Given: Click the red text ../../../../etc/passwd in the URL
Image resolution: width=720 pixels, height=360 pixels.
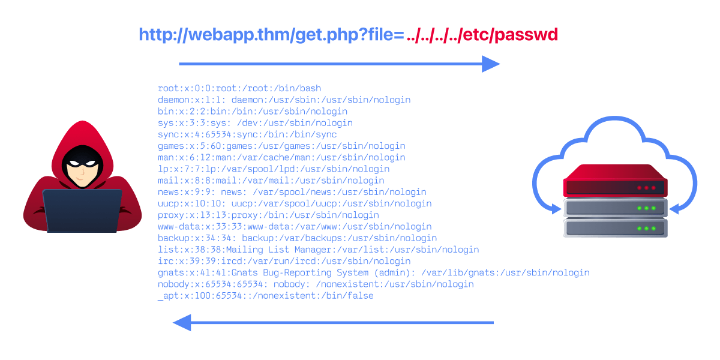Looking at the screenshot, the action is (x=482, y=35).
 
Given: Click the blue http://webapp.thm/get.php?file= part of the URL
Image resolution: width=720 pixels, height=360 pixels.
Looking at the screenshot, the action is (x=271, y=35).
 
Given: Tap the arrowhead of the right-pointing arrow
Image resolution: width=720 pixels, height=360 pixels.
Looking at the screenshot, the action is (x=491, y=64).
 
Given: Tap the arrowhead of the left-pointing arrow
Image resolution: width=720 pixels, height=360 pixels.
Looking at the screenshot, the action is (x=182, y=322).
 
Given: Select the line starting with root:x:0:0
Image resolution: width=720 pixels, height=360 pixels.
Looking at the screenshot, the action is (x=239, y=88).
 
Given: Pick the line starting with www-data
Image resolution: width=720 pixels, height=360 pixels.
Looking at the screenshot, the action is (x=295, y=226).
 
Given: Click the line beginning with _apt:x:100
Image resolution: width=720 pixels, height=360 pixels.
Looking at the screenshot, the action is (x=265, y=296).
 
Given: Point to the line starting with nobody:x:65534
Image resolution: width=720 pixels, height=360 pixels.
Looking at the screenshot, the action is (x=316, y=284).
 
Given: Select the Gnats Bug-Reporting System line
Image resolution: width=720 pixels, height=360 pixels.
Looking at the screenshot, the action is (x=373, y=272).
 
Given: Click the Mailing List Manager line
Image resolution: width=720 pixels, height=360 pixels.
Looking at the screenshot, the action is (x=318, y=250).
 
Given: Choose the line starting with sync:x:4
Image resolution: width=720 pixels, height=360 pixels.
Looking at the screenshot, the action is (x=247, y=134).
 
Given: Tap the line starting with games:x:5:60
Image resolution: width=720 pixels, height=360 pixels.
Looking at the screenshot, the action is (x=281, y=146).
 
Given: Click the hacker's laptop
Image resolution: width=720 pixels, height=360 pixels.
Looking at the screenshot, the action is (x=82, y=211).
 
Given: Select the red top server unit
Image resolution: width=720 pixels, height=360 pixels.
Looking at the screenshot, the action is (x=615, y=181).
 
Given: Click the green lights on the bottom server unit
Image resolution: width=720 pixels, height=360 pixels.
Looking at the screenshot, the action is (x=646, y=228).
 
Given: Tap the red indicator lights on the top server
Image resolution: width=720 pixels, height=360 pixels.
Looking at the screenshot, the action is (x=646, y=188).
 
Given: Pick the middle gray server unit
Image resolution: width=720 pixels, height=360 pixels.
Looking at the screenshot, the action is (x=615, y=208).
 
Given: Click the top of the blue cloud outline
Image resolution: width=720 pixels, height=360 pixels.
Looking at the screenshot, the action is (x=615, y=118).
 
